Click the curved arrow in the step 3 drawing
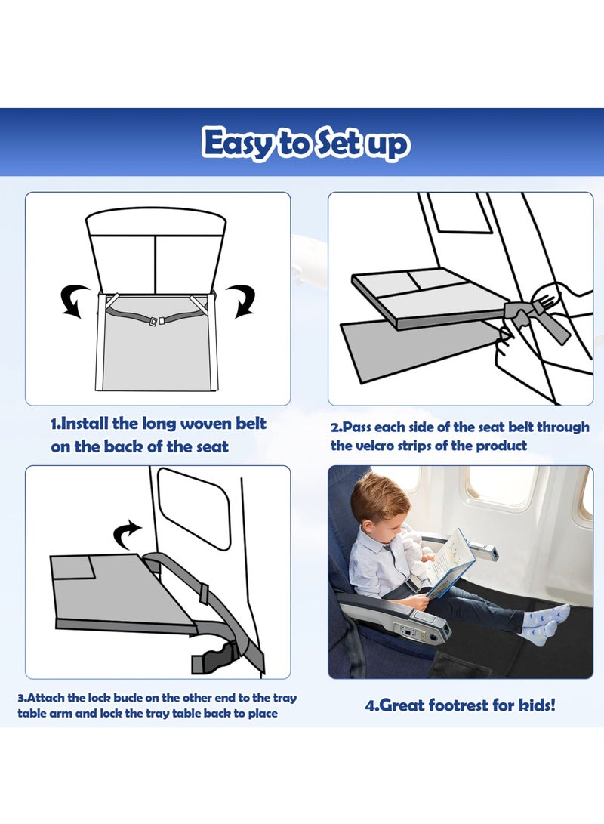click(127, 533)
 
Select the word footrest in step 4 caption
click(461, 705)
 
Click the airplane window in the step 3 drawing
click(193, 506)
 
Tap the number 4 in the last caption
click(370, 705)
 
